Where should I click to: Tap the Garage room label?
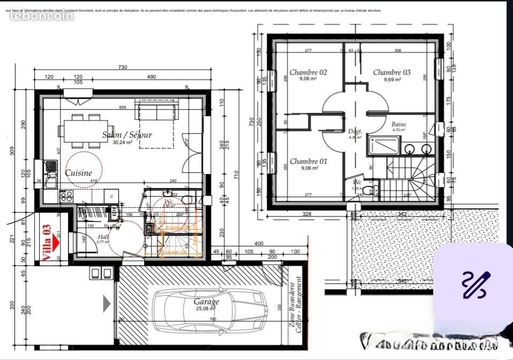(207, 302)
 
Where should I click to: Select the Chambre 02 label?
(308, 72)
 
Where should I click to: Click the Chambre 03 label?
(391, 72)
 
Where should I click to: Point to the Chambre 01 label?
(308, 161)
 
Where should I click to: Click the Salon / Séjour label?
(127, 135)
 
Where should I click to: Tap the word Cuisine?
(78, 173)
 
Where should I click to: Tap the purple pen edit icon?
(476, 285)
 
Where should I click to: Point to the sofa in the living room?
(157, 112)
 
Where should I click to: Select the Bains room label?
(398, 124)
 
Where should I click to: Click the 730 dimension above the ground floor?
(122, 67)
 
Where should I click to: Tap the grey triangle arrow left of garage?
(107, 304)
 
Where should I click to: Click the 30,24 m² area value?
(123, 142)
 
